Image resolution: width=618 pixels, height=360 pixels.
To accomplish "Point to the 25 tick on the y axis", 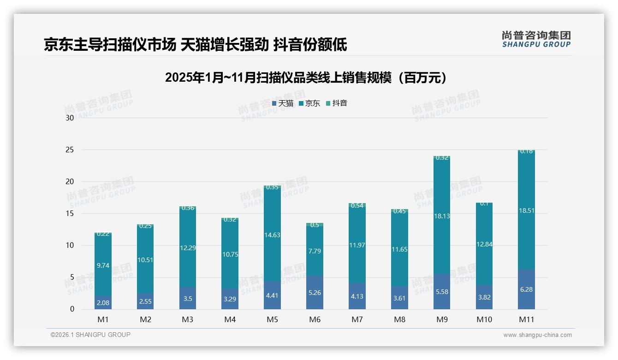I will coord(70,150).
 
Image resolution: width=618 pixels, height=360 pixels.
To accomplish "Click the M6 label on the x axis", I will coord(315,319).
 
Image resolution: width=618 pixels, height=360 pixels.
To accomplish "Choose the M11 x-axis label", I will coord(526,319).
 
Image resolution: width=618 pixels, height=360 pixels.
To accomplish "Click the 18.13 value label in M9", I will coord(442,216).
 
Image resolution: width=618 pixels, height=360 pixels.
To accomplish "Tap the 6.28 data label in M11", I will coord(526,289).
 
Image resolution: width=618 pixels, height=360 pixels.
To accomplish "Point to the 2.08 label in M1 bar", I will coord(103,303).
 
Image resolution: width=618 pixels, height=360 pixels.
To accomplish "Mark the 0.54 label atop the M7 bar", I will coord(357,205).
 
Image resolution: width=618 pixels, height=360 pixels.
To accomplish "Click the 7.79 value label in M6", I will coord(315,251).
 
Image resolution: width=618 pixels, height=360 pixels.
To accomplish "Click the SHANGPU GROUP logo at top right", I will coord(536,39).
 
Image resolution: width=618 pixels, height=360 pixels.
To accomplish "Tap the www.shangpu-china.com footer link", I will coord(537,335).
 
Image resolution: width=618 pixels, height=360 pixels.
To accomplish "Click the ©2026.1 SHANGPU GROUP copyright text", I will coord(90,335).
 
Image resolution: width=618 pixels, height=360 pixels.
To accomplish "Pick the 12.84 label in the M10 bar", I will coord(484,244).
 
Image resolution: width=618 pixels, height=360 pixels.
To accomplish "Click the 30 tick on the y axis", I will coord(70,118).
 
